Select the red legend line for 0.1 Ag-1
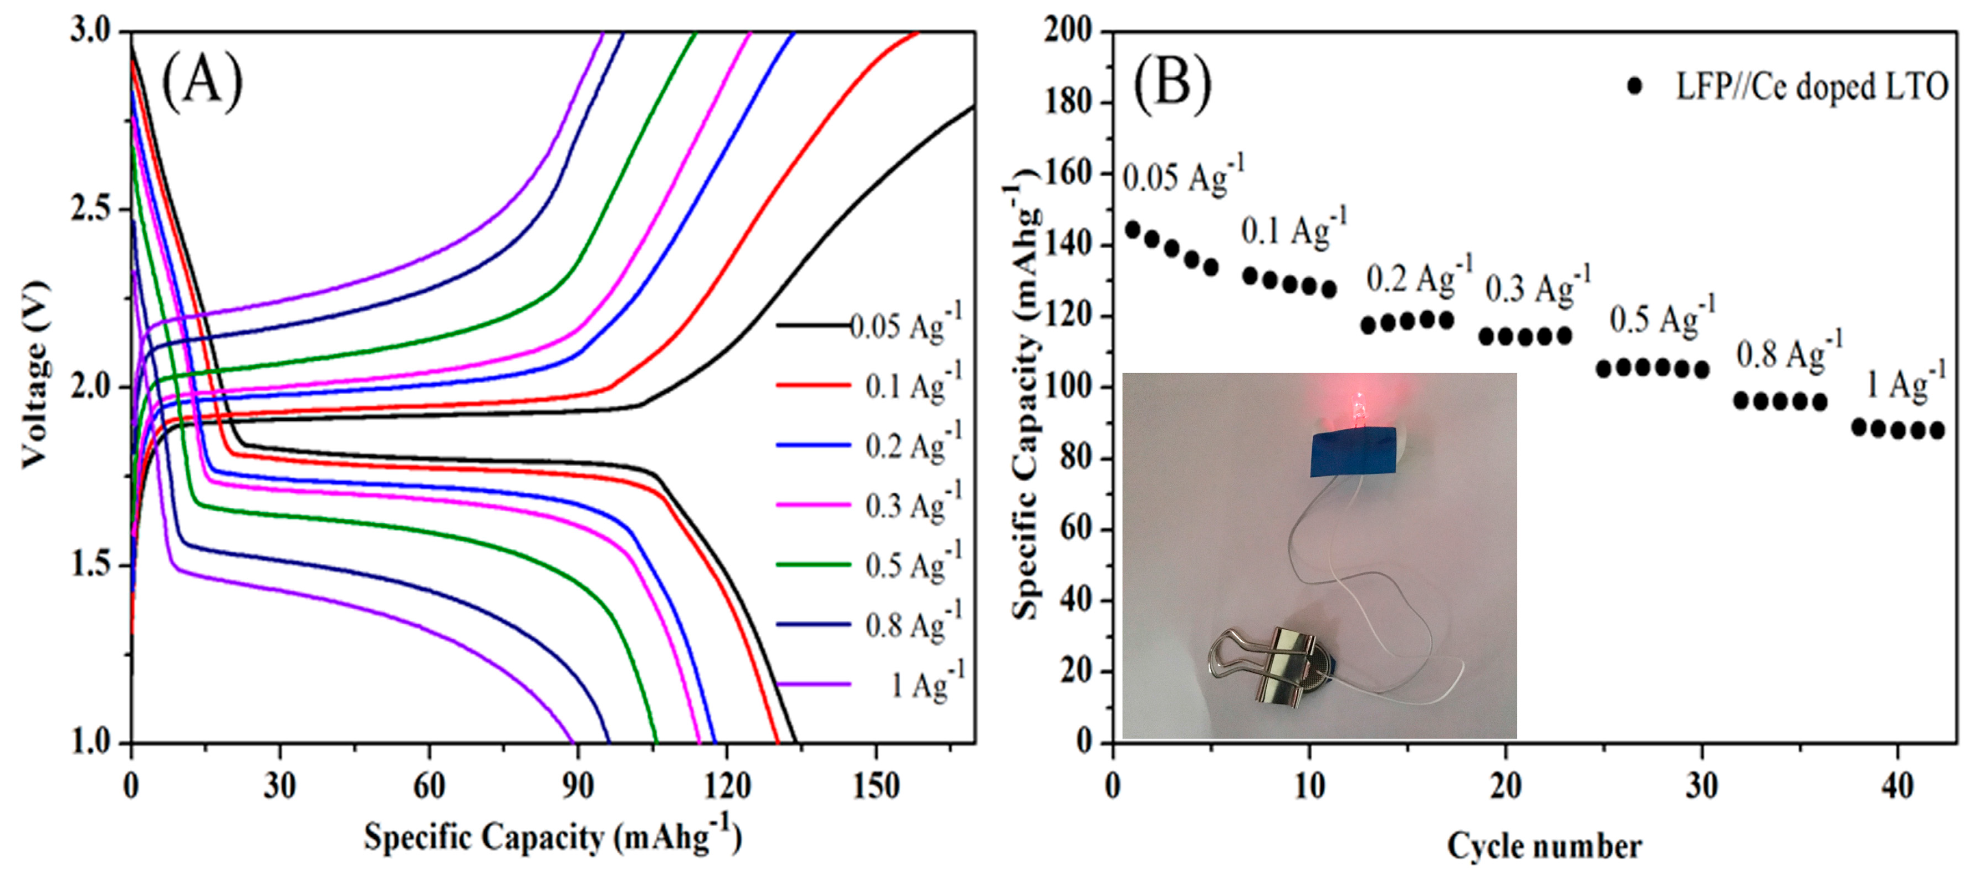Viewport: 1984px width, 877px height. tap(813, 384)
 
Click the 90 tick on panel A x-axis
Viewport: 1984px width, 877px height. tap(578, 786)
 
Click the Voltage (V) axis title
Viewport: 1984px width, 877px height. tap(35, 375)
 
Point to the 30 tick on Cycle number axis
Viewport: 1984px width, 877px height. tap(1701, 786)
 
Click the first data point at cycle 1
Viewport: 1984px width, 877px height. tap(1132, 230)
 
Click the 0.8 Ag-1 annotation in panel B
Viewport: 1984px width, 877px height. tap(1788, 351)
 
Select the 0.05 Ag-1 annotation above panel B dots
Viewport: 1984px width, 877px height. tap(1182, 176)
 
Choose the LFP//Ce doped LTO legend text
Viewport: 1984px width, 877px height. tap(1812, 86)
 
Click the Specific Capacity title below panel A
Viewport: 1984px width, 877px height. tap(552, 837)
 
